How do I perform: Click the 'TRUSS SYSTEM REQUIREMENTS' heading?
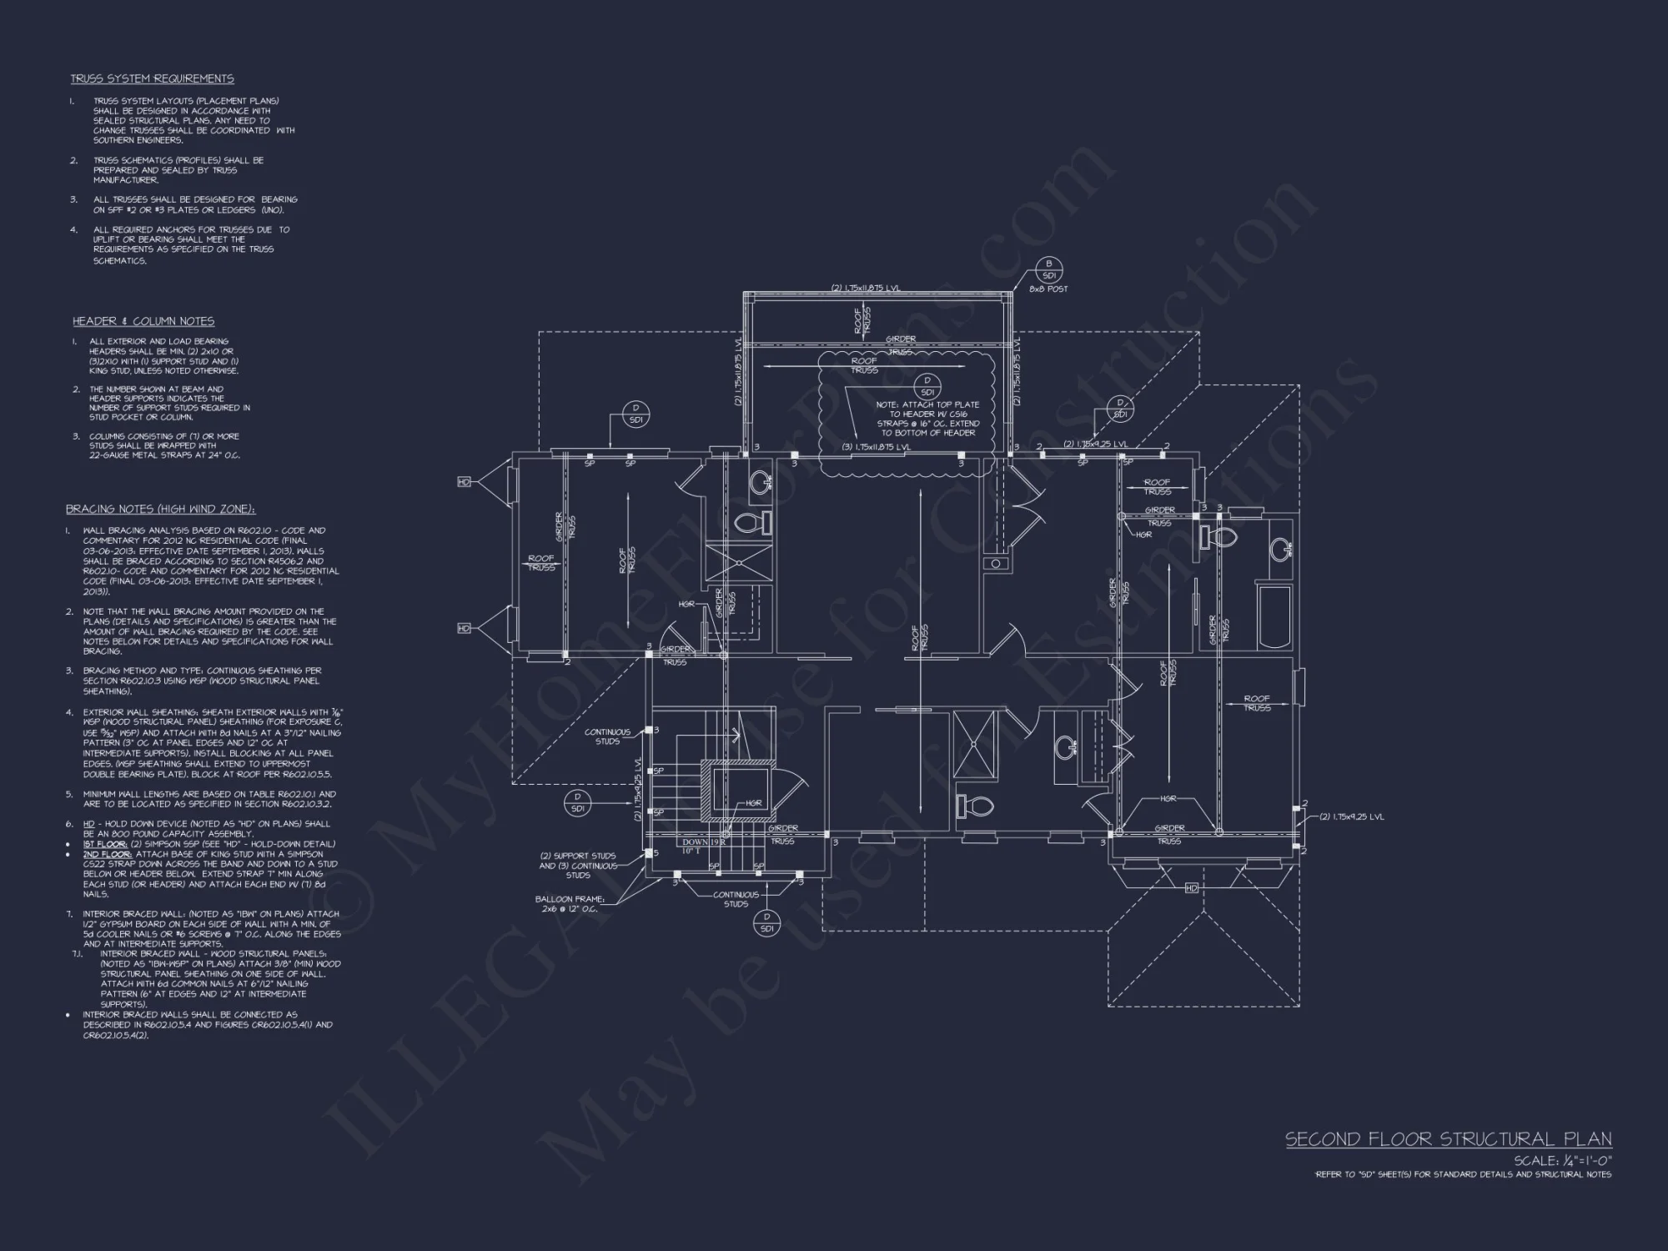152,78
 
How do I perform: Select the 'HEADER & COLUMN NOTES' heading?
143,321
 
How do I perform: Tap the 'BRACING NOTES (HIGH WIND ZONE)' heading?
160,509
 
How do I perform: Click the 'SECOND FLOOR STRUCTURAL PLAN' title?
1448,1139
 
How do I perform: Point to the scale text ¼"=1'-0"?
1563,1160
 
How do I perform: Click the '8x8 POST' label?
1048,289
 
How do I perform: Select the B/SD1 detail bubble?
1049,269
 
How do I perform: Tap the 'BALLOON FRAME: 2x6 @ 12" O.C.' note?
570,904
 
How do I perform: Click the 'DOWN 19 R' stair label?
704,842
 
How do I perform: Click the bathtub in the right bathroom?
1273,615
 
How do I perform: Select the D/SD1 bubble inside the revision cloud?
927,386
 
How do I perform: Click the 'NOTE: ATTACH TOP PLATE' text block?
927,419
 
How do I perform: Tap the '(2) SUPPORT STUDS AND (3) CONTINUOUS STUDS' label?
578,865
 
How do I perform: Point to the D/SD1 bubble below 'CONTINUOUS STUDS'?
766,922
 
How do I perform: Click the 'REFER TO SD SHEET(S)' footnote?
1463,1174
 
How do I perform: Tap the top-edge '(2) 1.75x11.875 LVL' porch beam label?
866,289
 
